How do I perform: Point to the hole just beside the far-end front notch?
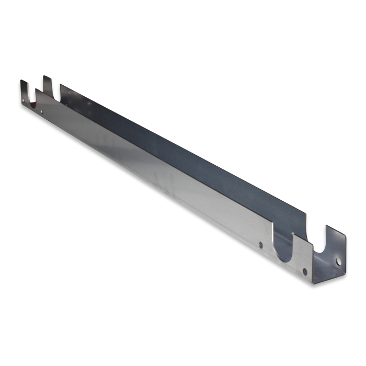(42, 111)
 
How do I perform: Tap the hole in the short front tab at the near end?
(305, 271)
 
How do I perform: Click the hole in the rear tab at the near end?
(338, 260)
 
